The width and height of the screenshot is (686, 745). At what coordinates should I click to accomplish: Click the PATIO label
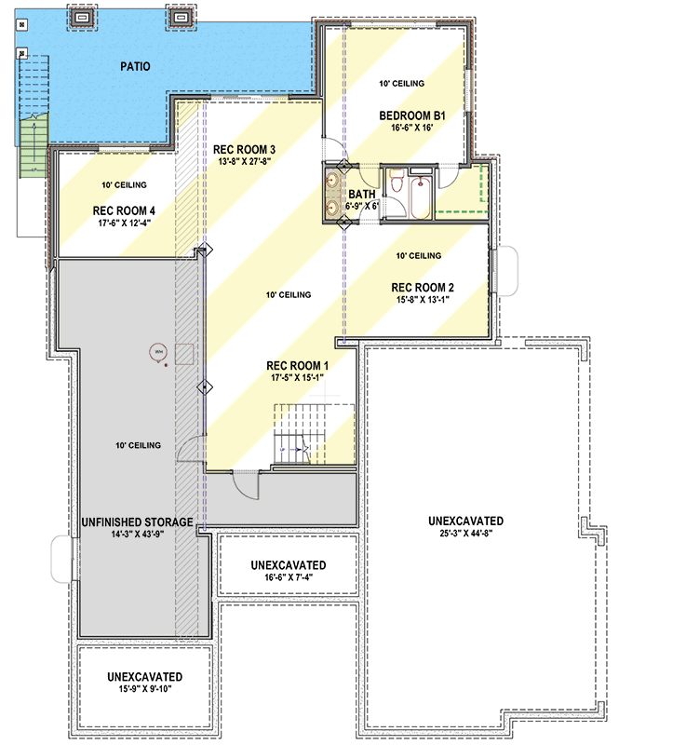coord(135,66)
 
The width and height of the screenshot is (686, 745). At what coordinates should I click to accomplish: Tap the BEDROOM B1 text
coord(413,116)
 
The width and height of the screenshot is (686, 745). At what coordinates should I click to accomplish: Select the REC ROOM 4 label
coord(124,210)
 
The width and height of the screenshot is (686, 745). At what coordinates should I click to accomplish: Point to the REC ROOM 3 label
coord(244,149)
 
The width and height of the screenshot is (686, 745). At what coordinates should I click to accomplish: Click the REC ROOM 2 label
coord(423,287)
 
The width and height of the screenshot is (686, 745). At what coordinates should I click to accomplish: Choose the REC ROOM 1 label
coord(297,365)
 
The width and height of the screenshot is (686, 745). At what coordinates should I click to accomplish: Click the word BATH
coord(363,195)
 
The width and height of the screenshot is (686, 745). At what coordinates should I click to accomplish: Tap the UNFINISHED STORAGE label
coord(137,522)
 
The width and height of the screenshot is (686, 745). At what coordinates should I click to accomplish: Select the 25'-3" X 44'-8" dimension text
coord(466,534)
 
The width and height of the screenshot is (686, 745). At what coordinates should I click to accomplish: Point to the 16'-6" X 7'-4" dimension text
coord(288,578)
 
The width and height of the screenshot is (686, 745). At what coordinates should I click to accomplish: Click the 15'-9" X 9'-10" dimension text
coord(144,689)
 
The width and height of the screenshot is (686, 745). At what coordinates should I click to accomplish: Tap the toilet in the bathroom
coord(396,183)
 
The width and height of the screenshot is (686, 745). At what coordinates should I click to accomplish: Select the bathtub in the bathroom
coord(420,196)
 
